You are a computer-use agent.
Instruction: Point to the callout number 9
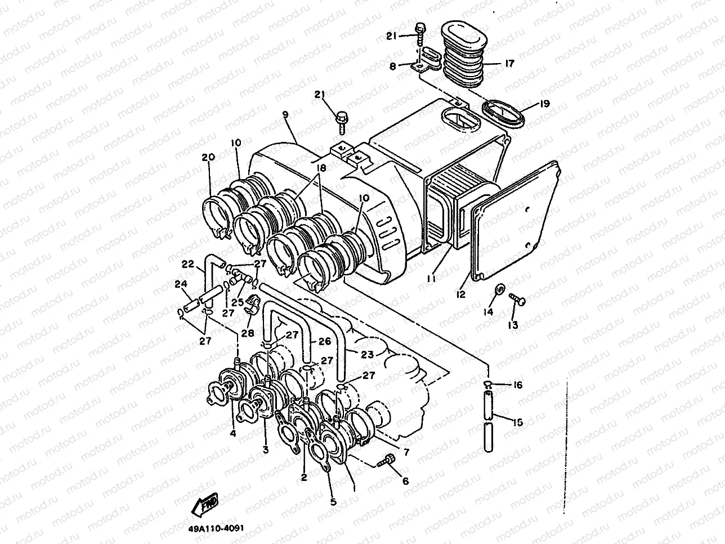point(285,115)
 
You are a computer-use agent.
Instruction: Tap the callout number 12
point(461,295)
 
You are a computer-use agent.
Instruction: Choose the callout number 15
point(517,421)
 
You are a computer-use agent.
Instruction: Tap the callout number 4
point(232,433)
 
